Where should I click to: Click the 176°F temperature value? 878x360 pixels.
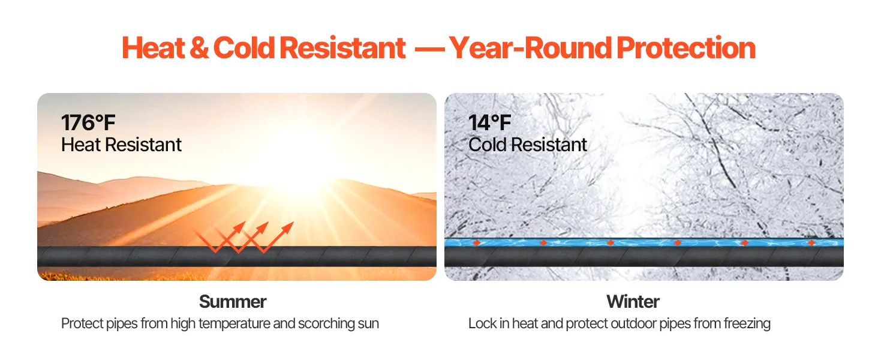pos(88,123)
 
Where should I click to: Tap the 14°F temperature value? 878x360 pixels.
pos(489,123)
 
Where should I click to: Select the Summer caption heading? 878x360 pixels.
pos(233,302)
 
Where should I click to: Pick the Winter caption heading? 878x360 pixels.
pos(633,302)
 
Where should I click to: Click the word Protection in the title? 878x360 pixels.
pos(686,48)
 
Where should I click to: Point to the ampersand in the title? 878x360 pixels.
pos(199,48)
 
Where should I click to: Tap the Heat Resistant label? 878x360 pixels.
pos(121,145)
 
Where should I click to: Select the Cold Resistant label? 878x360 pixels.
pos(528,145)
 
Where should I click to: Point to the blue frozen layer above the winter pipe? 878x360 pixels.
pos(644,242)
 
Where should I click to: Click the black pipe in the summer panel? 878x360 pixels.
pos(237,256)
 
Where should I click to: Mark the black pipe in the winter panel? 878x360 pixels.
pos(644,257)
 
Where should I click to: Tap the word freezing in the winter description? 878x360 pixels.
pos(747,324)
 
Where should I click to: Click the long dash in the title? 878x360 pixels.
pos(429,50)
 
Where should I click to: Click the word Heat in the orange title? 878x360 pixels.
pos(154,48)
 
